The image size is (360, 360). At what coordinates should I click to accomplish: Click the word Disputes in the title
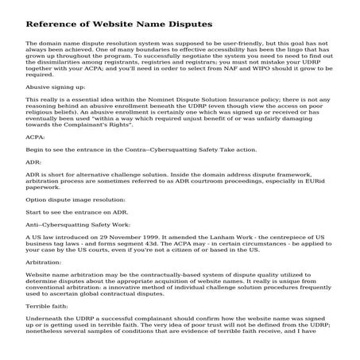(x=185, y=24)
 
